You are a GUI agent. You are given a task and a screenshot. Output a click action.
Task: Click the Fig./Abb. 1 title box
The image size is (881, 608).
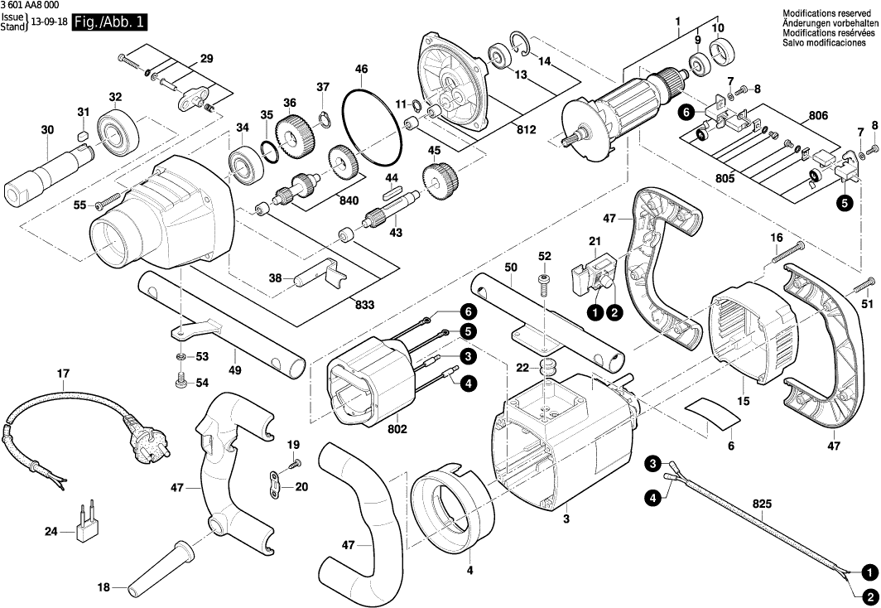[109, 22]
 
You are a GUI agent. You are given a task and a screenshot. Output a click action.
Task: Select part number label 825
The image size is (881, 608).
[763, 503]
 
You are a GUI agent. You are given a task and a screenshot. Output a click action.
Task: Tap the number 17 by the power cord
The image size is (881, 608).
[63, 374]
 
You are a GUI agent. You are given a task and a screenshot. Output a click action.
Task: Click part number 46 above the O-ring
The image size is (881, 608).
[361, 68]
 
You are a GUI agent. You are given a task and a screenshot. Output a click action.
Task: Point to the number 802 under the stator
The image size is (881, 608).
[397, 430]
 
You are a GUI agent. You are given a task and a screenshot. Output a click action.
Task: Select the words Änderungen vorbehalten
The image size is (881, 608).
[830, 22]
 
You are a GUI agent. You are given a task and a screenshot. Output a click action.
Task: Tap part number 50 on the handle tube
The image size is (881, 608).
[511, 268]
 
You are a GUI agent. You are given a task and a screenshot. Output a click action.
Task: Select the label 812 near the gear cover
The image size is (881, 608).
[526, 130]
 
